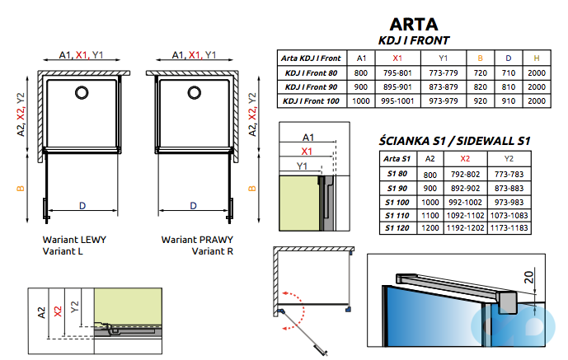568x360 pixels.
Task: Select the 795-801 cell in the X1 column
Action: coord(397,73)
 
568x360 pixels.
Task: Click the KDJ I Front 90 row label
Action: coord(310,86)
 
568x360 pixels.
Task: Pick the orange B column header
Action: coord(481,58)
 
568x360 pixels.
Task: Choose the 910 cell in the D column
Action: coord(508,101)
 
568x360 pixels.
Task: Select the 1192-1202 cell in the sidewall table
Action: coord(465,227)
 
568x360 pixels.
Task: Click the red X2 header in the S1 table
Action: coord(465,158)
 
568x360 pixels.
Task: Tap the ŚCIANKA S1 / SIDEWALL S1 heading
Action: coord(453,141)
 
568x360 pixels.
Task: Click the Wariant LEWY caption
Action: coord(74,240)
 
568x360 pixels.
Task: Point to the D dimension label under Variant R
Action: coord(193,205)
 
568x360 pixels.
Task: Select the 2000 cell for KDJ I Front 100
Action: coord(536,101)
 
